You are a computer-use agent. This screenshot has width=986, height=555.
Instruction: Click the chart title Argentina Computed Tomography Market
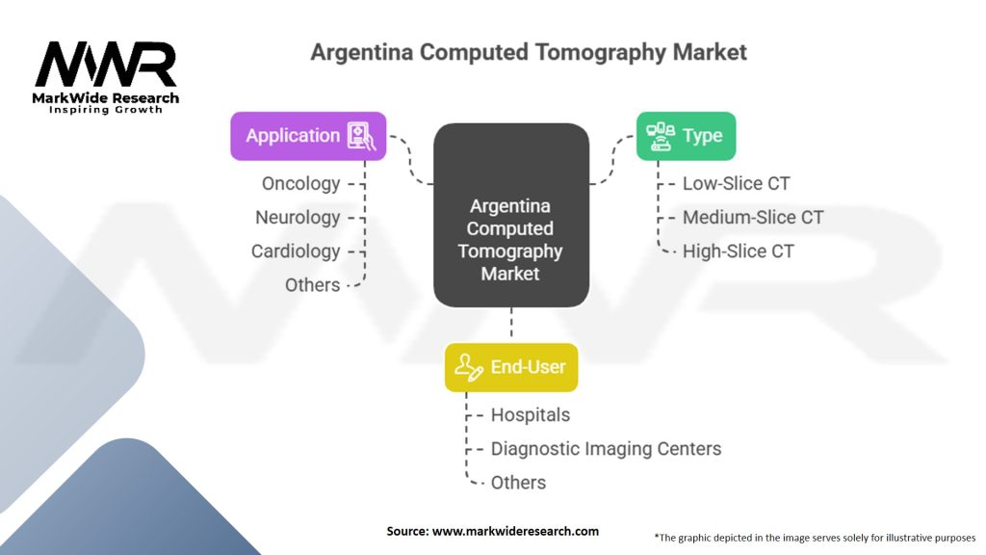(529, 52)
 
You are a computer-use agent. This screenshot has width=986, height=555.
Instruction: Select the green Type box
(686, 136)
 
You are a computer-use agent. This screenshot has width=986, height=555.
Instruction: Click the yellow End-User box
(510, 367)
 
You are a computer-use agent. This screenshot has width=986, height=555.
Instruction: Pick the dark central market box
(510, 216)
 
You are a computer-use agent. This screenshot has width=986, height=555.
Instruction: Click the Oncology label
(300, 183)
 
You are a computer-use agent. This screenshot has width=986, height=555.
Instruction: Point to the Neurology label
(298, 217)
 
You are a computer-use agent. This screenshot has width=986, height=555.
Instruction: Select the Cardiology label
(296, 251)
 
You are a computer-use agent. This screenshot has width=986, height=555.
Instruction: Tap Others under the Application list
(312, 284)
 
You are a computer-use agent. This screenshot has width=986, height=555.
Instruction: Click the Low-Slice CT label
(736, 183)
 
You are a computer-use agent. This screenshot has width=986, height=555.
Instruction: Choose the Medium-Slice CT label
(753, 217)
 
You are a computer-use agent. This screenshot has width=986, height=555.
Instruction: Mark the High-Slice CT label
(738, 251)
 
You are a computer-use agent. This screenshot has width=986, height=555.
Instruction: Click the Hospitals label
(530, 414)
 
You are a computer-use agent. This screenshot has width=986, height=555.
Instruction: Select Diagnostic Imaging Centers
(606, 448)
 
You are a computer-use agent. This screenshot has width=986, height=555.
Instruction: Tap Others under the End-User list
(518, 482)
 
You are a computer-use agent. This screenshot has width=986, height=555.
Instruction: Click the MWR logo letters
(106, 65)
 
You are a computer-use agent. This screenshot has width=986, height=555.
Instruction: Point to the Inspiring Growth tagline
(106, 110)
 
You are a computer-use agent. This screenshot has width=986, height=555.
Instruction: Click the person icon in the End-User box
(469, 367)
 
